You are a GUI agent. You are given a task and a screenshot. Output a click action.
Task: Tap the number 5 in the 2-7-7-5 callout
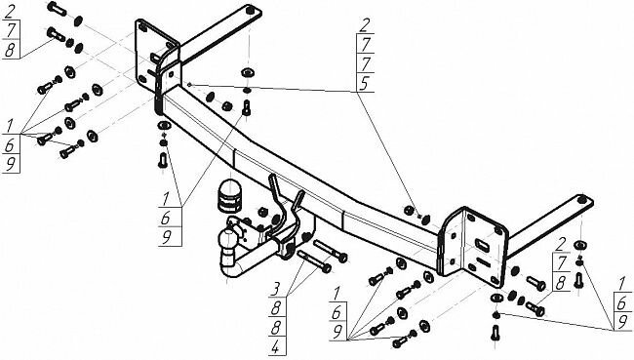[365, 84]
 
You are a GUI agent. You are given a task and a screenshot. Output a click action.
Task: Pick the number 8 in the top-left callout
[10, 50]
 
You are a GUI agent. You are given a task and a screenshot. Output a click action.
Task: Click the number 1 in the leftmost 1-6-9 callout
[10, 127]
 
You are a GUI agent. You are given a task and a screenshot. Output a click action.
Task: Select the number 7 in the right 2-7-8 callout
[560, 263]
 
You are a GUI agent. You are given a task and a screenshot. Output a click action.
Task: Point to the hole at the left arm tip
[252, 11]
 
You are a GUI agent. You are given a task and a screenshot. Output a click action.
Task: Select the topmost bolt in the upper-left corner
[58, 13]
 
